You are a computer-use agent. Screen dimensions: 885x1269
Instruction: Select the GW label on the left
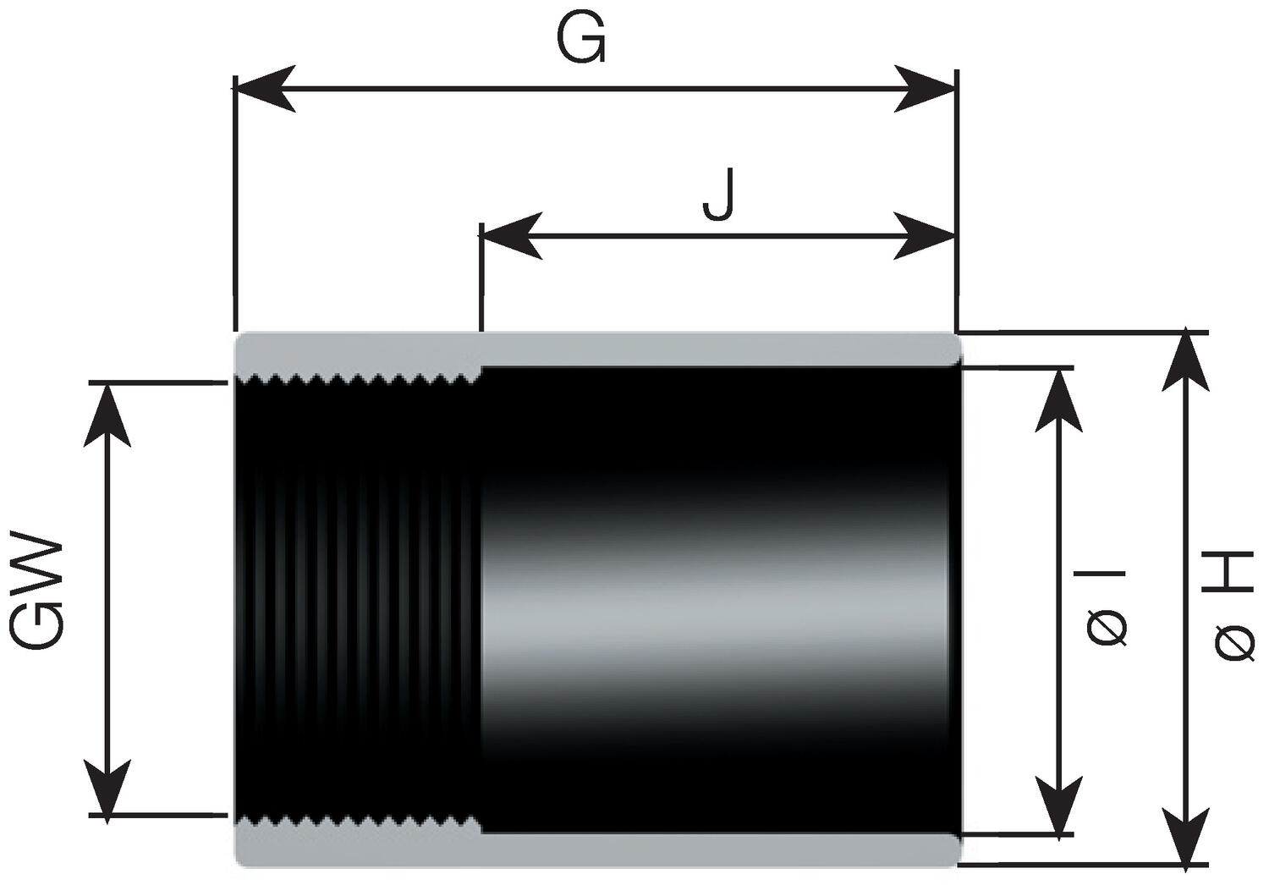pos(38,591)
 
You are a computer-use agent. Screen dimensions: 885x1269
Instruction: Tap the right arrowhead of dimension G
pos(927,88)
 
